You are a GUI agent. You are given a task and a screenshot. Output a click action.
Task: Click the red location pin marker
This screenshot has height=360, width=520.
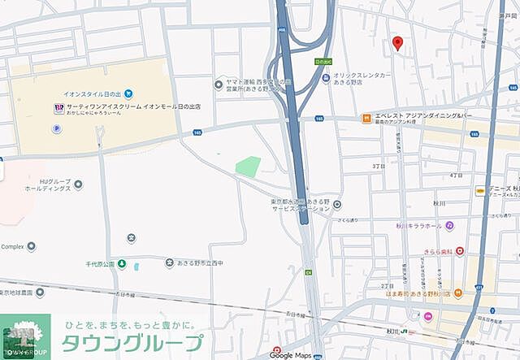click(397, 43)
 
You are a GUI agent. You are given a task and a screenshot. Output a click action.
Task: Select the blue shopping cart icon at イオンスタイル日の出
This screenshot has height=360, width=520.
click(128, 94)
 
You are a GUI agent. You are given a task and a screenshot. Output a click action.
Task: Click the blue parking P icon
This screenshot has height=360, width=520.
click(57, 128)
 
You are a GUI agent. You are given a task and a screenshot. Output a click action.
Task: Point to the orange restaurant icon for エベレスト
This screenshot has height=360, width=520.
click(367, 119)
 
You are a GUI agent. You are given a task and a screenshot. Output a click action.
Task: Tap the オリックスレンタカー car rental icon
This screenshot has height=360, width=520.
click(326, 79)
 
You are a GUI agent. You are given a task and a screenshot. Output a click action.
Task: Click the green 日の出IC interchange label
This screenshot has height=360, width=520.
click(323, 61)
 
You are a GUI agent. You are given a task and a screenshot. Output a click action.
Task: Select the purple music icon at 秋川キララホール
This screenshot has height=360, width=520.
click(449, 225)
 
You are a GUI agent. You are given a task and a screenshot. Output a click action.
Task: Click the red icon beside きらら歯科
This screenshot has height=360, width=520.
click(460, 251)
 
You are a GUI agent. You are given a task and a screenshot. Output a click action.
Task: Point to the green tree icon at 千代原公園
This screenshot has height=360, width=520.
click(122, 263)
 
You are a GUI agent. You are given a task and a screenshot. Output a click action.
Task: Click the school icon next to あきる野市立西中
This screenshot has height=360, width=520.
click(170, 262)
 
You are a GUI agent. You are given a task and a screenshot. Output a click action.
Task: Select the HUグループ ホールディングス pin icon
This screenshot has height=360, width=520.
click(78, 184)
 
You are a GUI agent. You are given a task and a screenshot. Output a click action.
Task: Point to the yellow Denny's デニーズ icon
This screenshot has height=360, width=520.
click(480, 191)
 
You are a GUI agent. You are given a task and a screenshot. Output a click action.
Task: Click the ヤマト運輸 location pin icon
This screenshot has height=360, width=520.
click(219, 84)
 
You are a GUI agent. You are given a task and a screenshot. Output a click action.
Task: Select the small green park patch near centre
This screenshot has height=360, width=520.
click(249, 167)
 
